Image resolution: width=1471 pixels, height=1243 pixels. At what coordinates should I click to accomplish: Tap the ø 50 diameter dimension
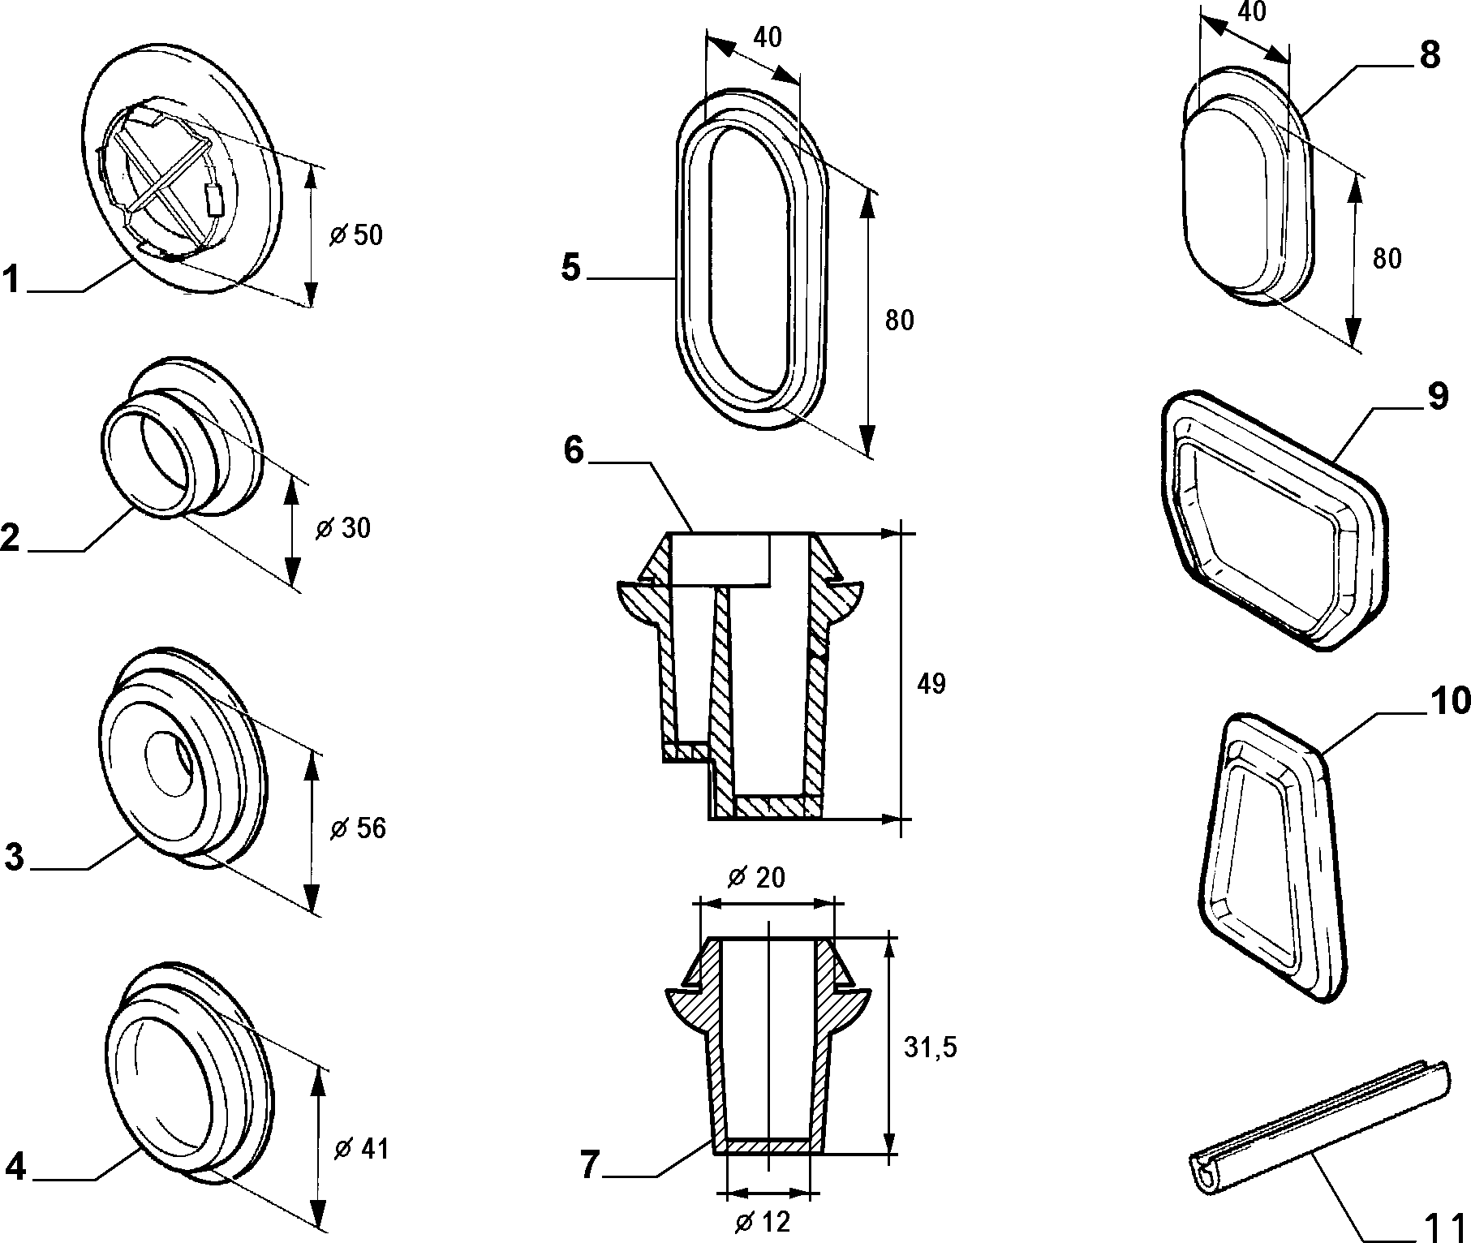click(x=355, y=235)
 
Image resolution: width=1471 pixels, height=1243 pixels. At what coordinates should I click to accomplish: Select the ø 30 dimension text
click(x=342, y=528)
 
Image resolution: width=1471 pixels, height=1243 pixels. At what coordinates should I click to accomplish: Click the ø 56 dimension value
click(x=358, y=828)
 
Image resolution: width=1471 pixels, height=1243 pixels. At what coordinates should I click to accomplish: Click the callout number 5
click(x=572, y=267)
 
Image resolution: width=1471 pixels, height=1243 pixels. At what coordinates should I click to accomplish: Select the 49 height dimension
click(x=931, y=684)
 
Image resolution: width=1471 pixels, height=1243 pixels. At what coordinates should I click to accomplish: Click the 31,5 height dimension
click(x=931, y=1047)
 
